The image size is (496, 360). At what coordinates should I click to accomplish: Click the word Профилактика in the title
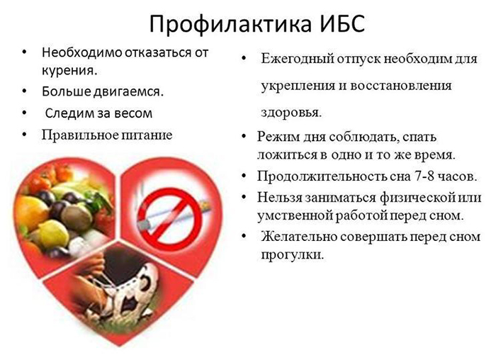click(x=228, y=23)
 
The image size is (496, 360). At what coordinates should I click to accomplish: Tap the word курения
click(x=69, y=71)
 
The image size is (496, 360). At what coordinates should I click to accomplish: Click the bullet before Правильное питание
click(x=25, y=134)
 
